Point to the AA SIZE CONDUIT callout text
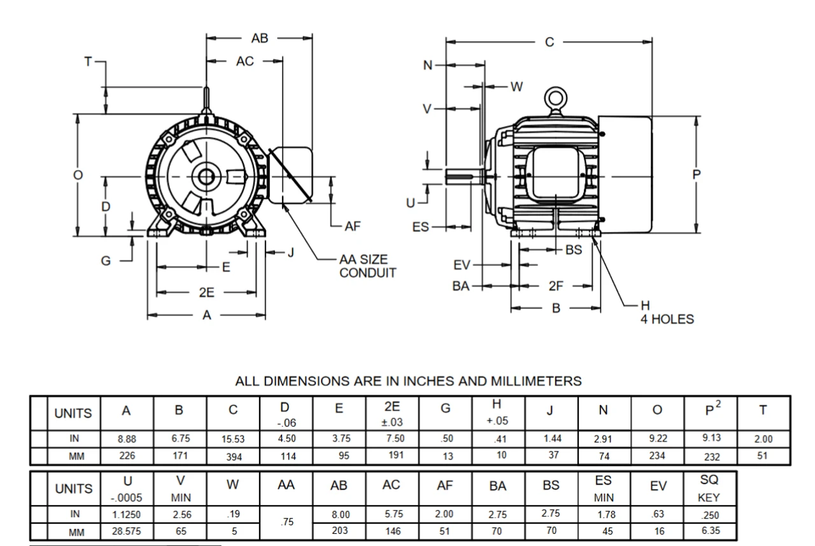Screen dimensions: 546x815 click(x=367, y=267)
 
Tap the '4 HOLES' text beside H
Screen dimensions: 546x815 click(x=667, y=319)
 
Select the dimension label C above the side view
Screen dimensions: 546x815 click(x=549, y=42)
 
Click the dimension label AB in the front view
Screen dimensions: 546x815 click(x=260, y=39)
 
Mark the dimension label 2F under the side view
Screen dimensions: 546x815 click(x=556, y=286)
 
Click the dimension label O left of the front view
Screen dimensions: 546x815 click(x=78, y=175)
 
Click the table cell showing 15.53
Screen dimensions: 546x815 click(x=233, y=439)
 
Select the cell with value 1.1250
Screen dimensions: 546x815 click(x=127, y=514)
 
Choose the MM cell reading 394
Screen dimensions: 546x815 click(x=233, y=456)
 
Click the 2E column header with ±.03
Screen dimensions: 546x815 click(x=393, y=413)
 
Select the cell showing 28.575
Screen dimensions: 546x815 click(x=127, y=531)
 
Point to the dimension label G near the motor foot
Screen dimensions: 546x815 click(x=106, y=261)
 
